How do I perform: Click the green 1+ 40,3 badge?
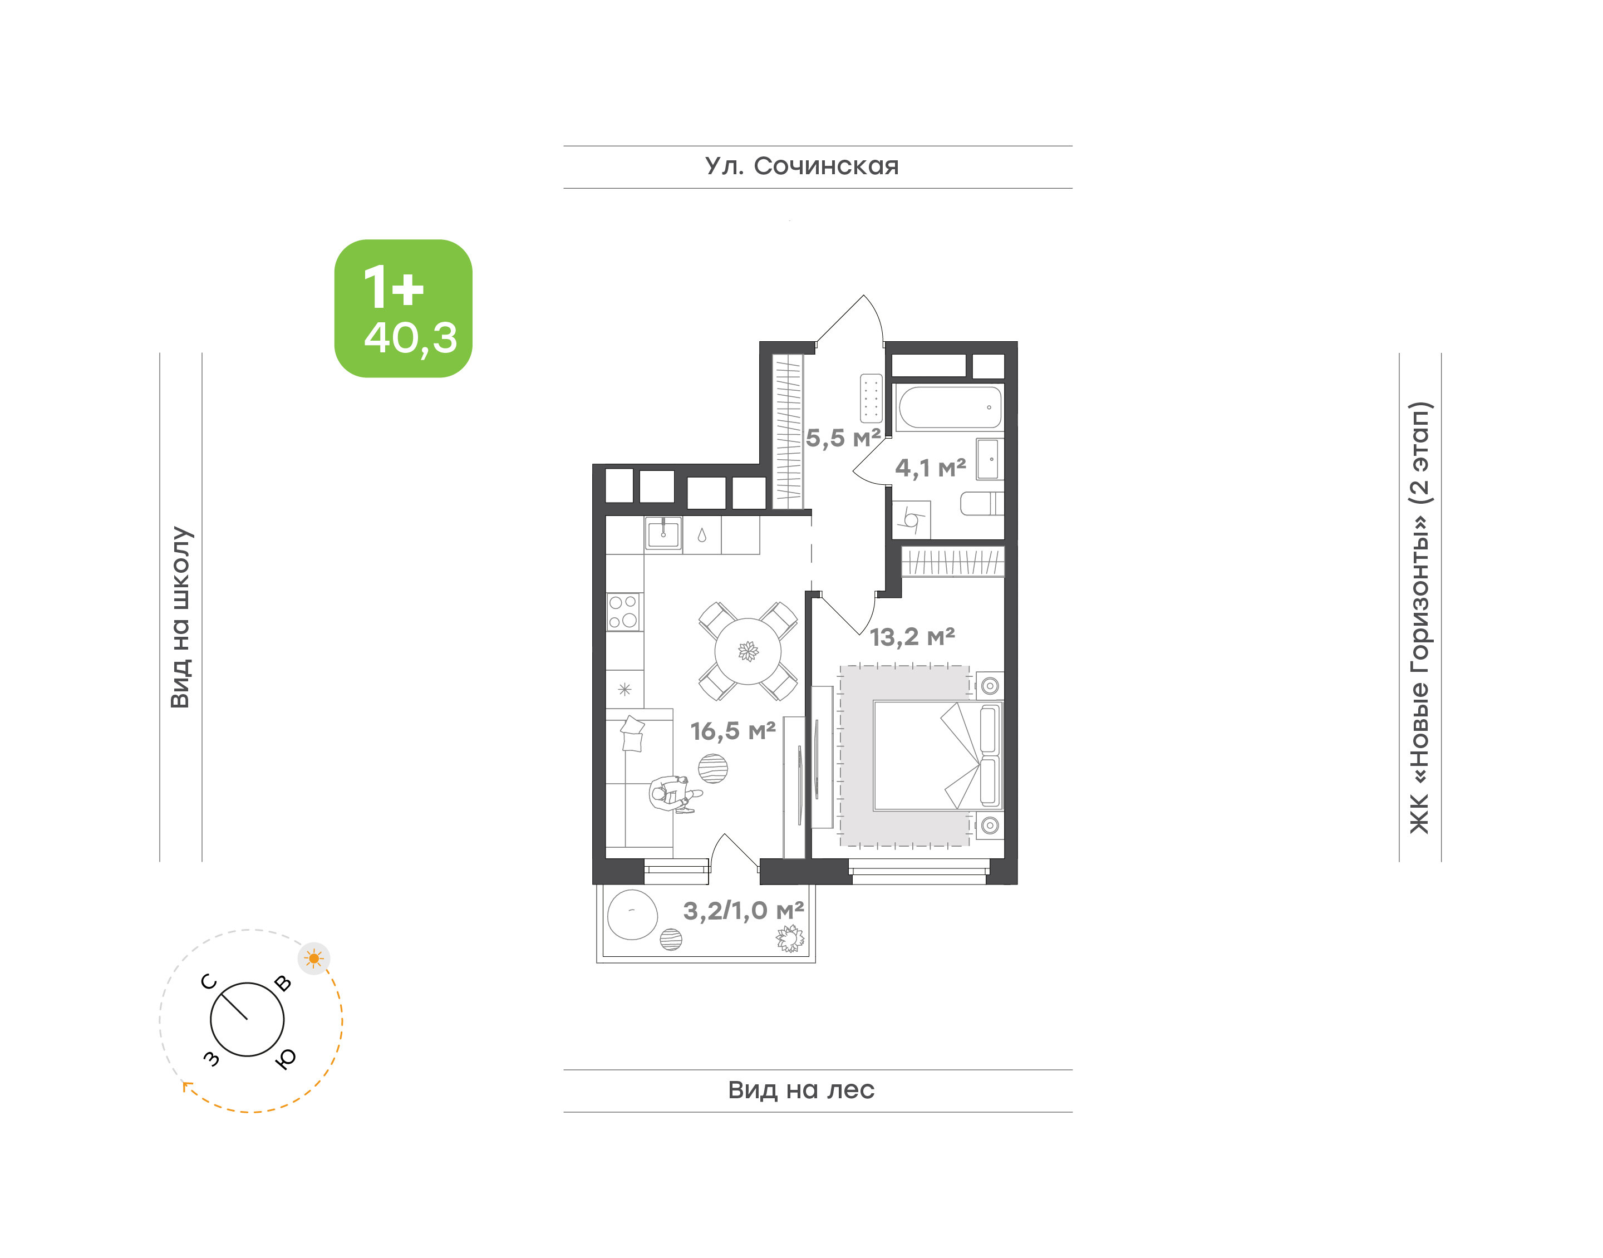(403, 308)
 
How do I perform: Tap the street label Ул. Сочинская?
(802, 166)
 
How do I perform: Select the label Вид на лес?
(801, 1089)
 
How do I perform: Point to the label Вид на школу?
(180, 617)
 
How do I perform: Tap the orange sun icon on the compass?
(314, 958)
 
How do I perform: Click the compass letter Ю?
(286, 1058)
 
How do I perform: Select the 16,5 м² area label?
(732, 731)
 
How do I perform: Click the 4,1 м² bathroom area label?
(931, 468)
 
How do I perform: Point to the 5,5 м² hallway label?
(843, 438)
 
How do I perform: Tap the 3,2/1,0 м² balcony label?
(744, 911)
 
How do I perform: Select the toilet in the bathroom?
(981, 504)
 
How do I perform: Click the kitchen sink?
(663, 533)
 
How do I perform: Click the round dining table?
(748, 651)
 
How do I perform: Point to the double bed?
(937, 756)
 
